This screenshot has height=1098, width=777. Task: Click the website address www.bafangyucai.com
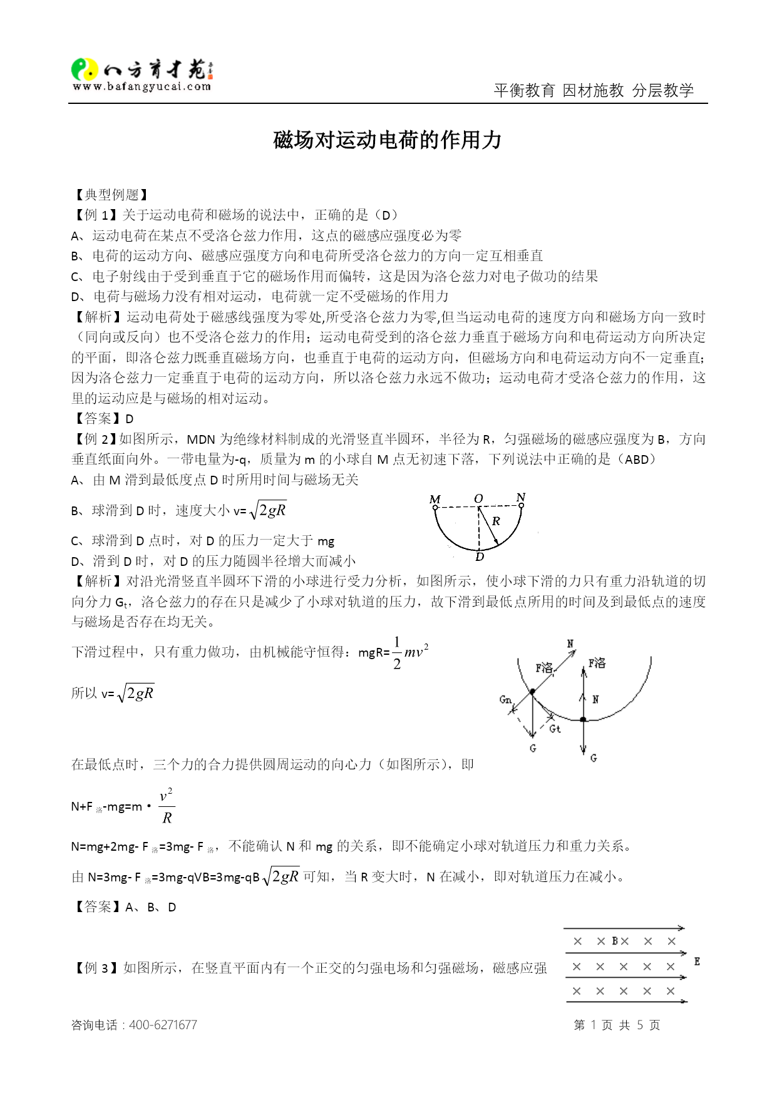pyautogui.click(x=142, y=87)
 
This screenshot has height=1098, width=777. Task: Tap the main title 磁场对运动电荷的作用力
pyautogui.click(x=388, y=140)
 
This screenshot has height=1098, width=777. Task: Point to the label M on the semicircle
pyautogui.click(x=435, y=499)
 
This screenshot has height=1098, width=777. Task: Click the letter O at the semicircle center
pyautogui.click(x=478, y=498)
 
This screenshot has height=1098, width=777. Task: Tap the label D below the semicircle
pyautogui.click(x=480, y=557)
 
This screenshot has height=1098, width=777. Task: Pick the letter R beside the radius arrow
pyautogui.click(x=496, y=521)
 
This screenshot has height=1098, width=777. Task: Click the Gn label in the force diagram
pyautogui.click(x=505, y=699)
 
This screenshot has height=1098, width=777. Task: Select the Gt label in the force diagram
pyautogui.click(x=555, y=729)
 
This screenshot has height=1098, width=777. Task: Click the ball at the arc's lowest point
pyautogui.click(x=583, y=720)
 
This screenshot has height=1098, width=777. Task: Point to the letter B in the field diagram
pyautogui.click(x=615, y=941)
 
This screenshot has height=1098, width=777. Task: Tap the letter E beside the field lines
pyautogui.click(x=697, y=962)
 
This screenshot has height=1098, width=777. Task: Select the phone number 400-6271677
pyautogui.click(x=163, y=1025)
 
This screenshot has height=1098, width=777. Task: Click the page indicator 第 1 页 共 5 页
pyautogui.click(x=617, y=1025)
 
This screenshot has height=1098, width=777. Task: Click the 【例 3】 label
pyautogui.click(x=96, y=968)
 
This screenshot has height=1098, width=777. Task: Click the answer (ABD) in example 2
pyautogui.click(x=637, y=459)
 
